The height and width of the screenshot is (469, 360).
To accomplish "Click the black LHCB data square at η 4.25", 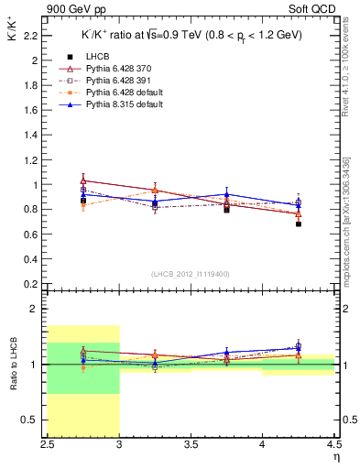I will (x=299, y=224).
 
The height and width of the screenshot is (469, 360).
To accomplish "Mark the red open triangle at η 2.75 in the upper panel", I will (x=83, y=181).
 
